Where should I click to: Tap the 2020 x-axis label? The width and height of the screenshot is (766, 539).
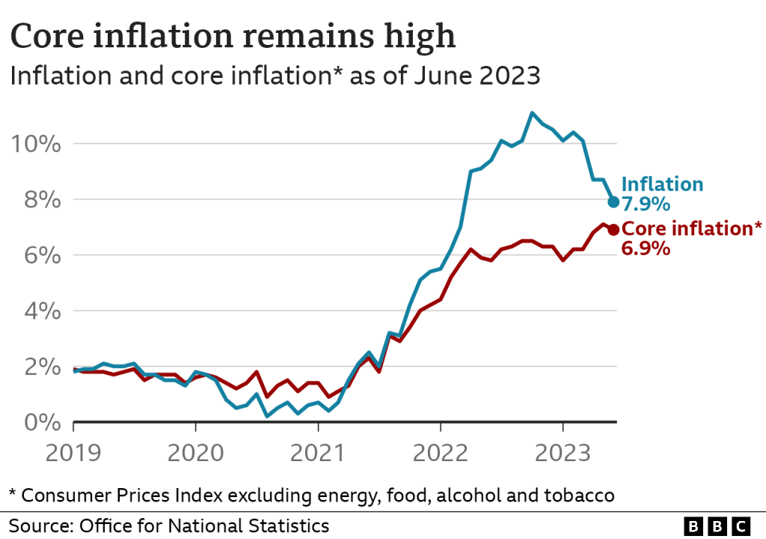click(x=195, y=453)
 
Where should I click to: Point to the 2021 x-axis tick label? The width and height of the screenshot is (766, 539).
click(x=318, y=453)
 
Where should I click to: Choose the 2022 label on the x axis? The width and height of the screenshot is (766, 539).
click(x=441, y=453)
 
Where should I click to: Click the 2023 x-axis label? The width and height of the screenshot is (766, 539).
click(x=563, y=453)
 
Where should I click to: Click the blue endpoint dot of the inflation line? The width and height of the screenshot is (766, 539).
click(x=613, y=201)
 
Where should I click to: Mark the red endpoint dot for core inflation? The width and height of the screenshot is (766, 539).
click(x=613, y=230)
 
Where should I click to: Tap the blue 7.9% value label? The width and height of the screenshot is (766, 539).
click(x=645, y=204)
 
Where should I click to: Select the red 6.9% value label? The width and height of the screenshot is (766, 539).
click(x=645, y=249)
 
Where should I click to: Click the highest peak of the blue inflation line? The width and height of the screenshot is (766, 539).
click(x=532, y=113)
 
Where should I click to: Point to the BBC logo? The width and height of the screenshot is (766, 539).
click(x=717, y=526)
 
